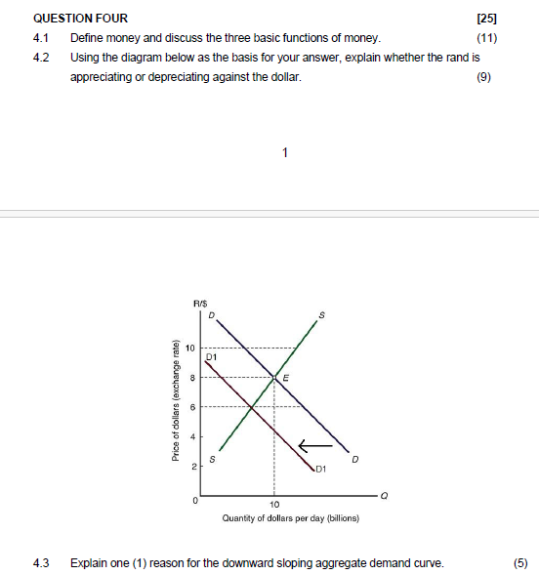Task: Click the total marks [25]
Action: pyautogui.click(x=486, y=19)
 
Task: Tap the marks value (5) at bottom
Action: pyautogui.click(x=519, y=562)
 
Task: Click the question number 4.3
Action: pyautogui.click(x=41, y=562)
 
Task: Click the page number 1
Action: pyautogui.click(x=284, y=152)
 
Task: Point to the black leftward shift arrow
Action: pyautogui.click(x=315, y=447)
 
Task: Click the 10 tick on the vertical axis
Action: pyautogui.click(x=191, y=348)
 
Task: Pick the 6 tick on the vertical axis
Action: pyautogui.click(x=193, y=406)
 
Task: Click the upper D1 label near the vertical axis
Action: pyautogui.click(x=211, y=357)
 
